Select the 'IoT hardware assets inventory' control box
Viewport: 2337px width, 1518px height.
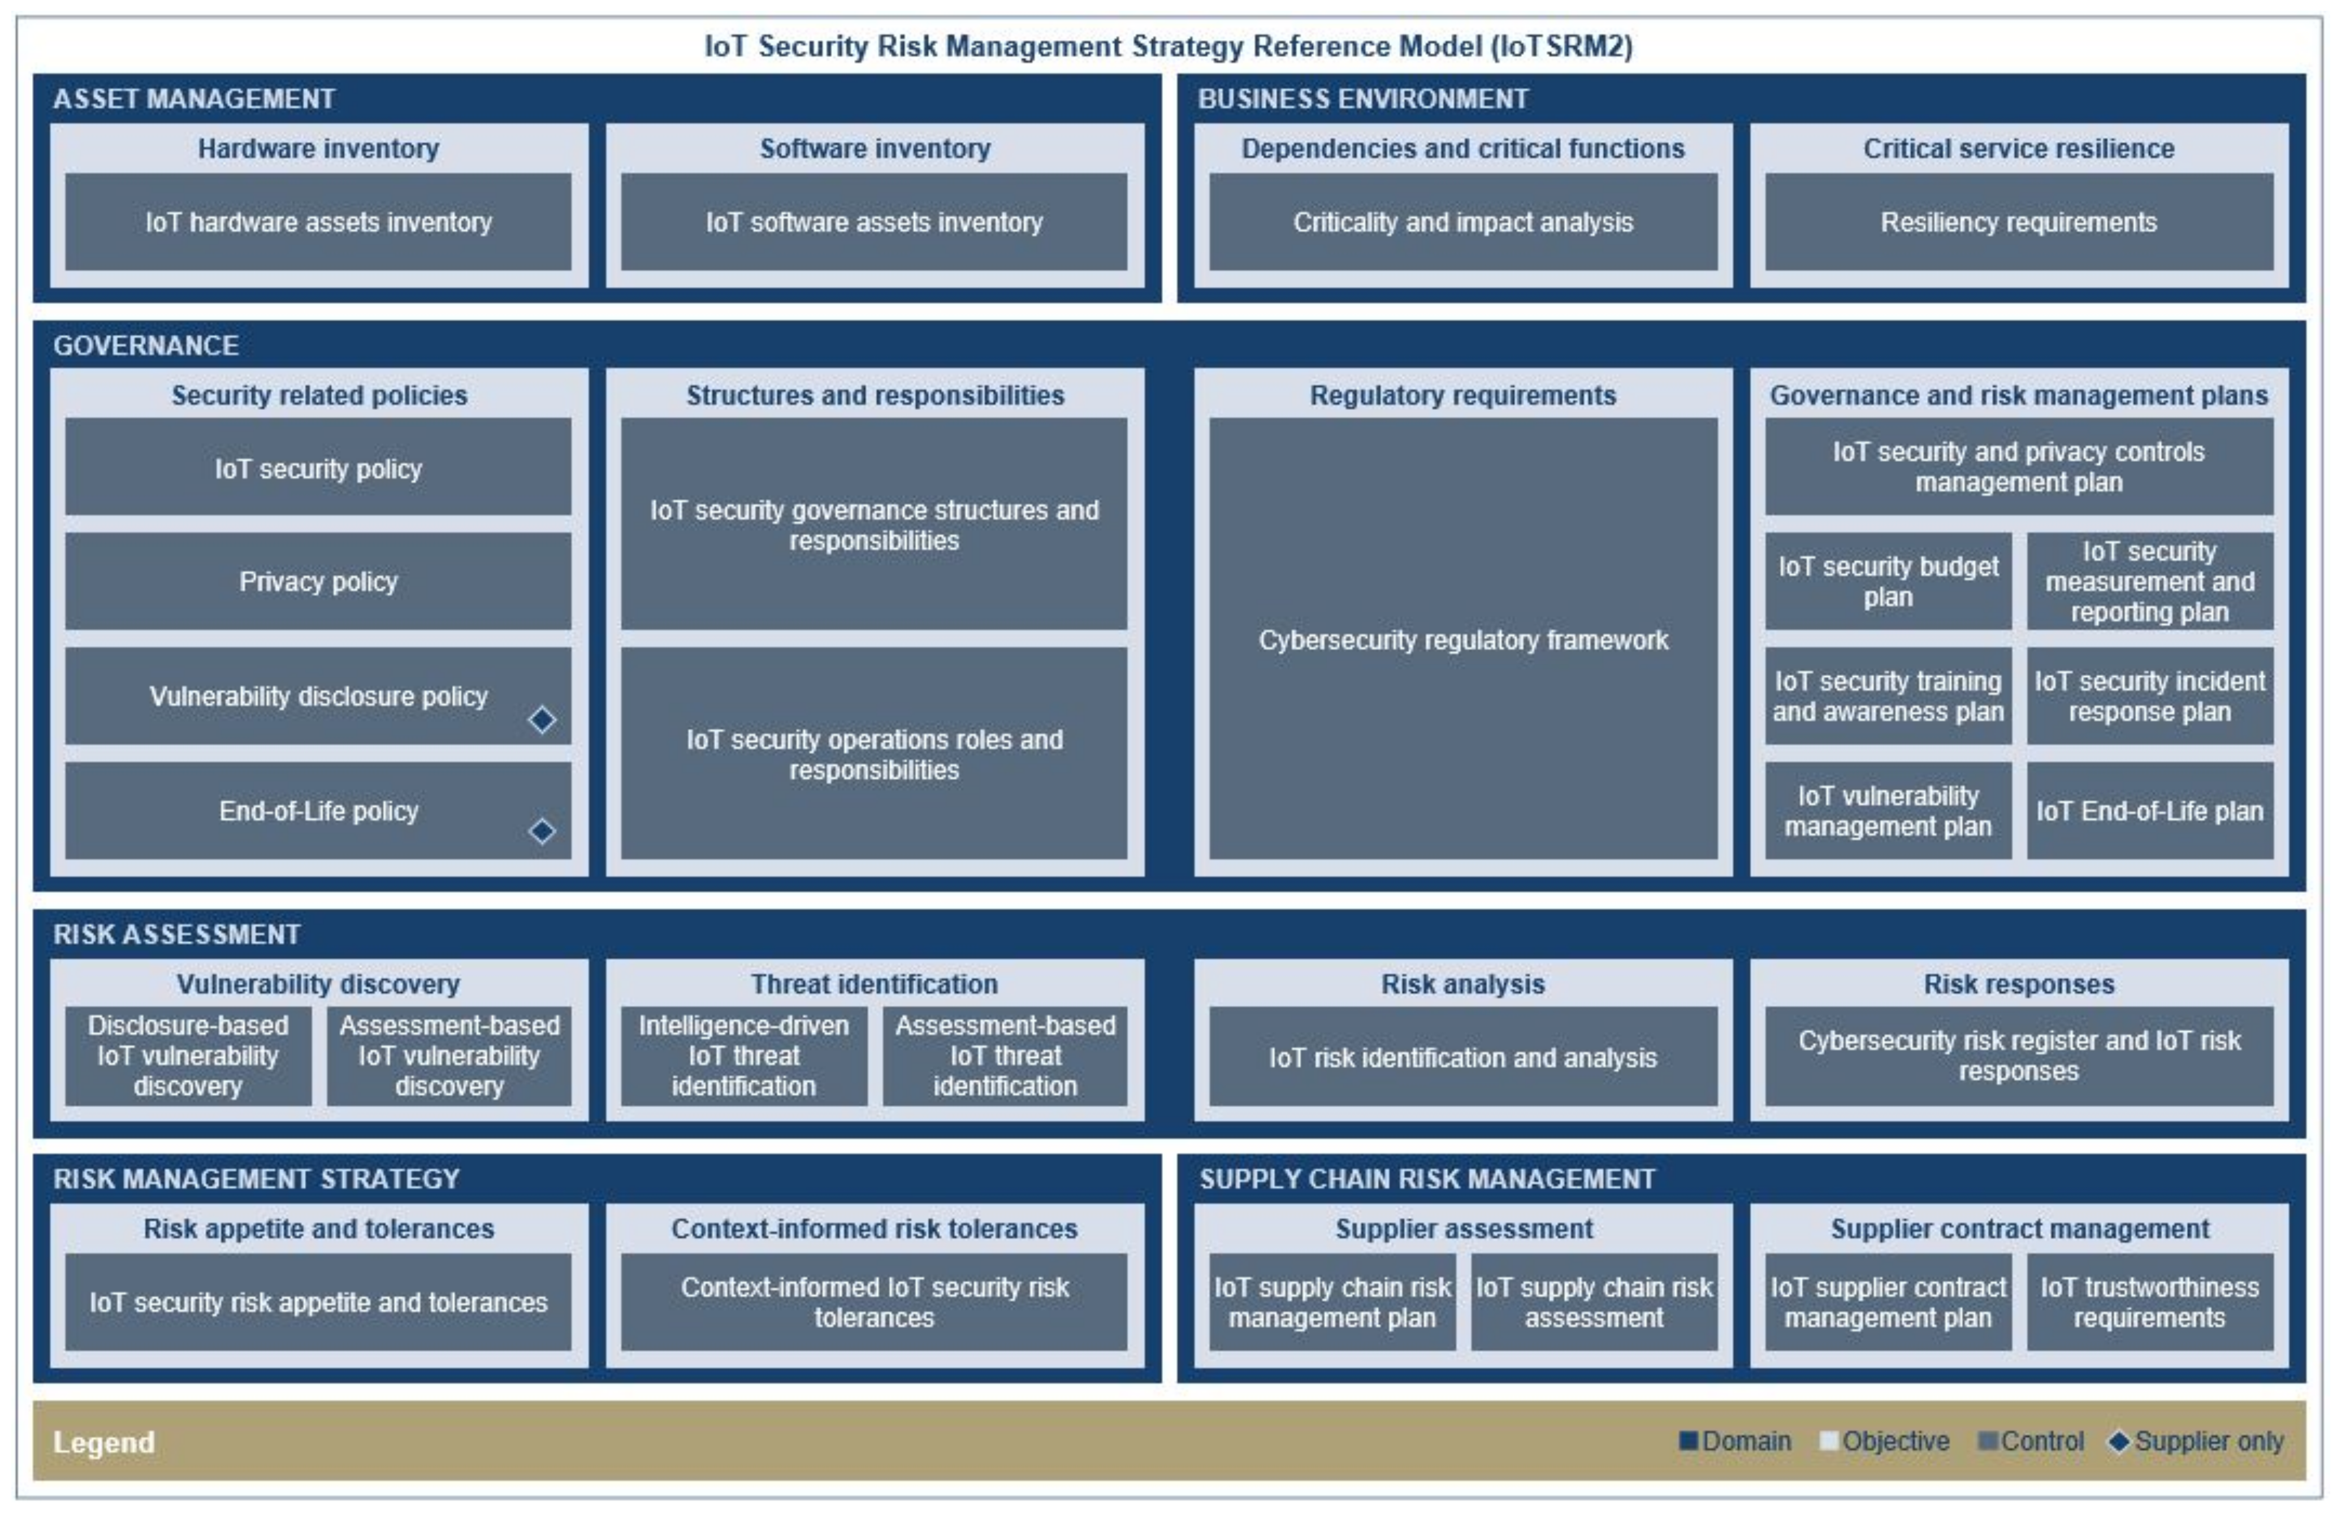tap(318, 222)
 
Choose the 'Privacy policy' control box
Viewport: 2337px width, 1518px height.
tap(318, 581)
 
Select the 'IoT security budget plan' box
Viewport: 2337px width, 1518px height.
tap(1887, 581)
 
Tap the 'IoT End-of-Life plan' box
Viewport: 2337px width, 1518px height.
tap(2149, 811)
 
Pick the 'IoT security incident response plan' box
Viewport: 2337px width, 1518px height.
tap(2149, 695)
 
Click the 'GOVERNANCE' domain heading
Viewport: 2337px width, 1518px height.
tap(145, 345)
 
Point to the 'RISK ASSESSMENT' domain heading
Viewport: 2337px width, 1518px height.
tap(177, 934)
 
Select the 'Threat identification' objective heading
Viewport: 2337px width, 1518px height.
tap(874, 984)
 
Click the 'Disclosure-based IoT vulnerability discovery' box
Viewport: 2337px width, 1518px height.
tap(188, 1056)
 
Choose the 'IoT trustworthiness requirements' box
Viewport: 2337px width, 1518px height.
tap(2149, 1302)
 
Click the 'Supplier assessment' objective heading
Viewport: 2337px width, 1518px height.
tap(1463, 1229)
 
